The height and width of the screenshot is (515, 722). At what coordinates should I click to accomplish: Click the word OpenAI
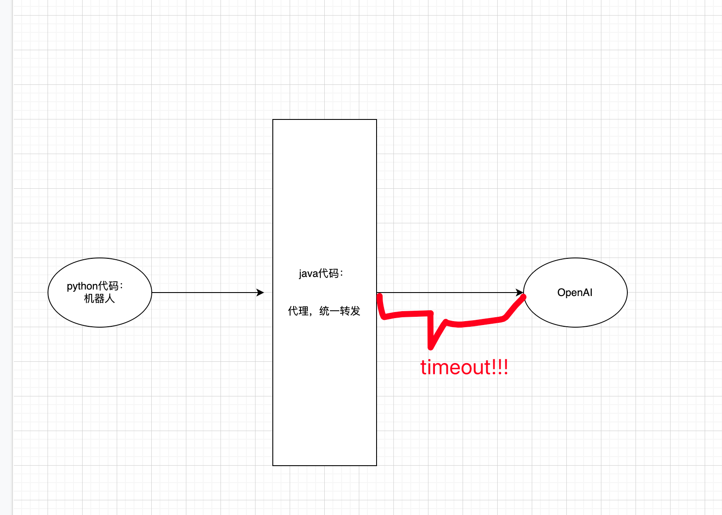tap(575, 293)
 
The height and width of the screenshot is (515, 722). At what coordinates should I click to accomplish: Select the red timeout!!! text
tap(464, 367)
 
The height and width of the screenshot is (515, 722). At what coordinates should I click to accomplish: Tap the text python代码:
tap(95, 286)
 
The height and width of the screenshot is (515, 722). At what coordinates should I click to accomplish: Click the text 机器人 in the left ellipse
tap(99, 299)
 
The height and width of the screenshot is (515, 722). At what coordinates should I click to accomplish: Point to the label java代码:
tap(321, 274)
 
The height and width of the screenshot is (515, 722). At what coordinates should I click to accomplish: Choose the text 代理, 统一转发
tap(324, 311)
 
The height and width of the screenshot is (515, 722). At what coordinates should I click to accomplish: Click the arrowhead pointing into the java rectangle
tap(260, 293)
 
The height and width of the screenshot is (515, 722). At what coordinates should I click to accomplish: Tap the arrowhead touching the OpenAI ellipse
tap(519, 293)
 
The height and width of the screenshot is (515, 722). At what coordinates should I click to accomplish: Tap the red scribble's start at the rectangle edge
tap(380, 296)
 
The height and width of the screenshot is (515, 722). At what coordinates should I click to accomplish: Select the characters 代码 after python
tap(108, 286)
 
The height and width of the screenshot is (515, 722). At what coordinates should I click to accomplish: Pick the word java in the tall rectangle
tap(308, 274)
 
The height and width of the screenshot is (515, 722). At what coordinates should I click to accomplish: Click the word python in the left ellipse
tap(82, 286)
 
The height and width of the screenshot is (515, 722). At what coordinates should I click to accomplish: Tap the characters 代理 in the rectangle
tap(298, 311)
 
